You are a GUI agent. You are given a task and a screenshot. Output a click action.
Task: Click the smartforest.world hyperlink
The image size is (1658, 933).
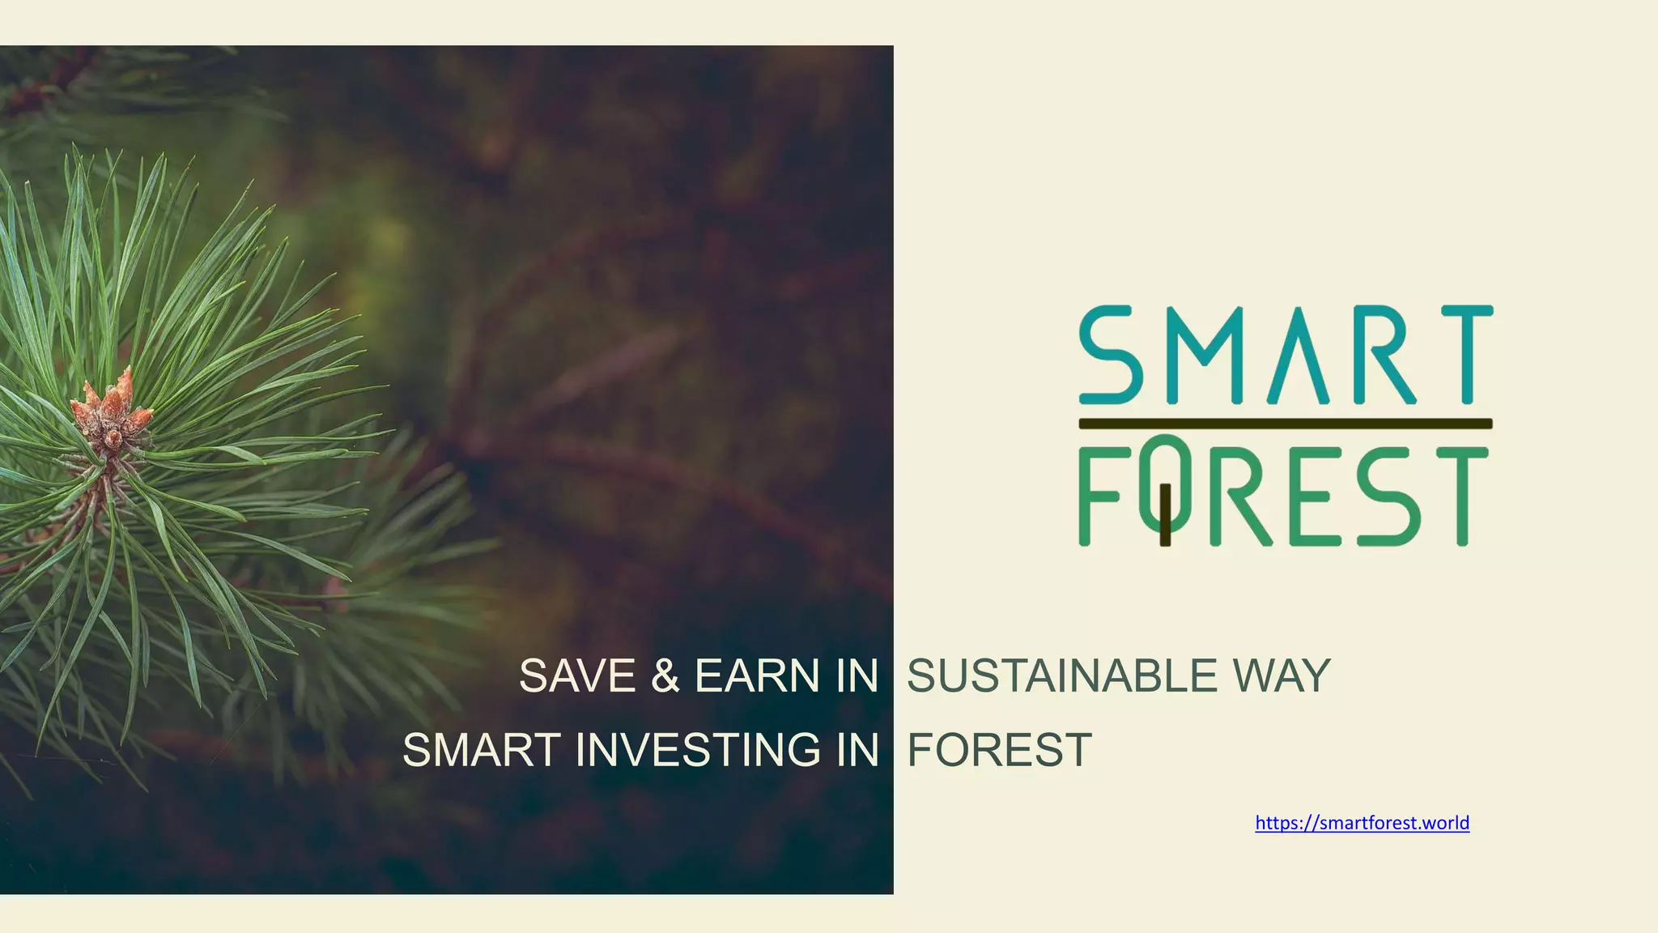pyautogui.click(x=1362, y=823)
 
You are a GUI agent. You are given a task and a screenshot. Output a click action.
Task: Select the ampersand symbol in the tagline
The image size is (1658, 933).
pyautogui.click(x=665, y=675)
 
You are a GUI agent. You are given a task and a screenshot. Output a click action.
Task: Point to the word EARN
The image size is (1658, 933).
pyautogui.click(x=753, y=675)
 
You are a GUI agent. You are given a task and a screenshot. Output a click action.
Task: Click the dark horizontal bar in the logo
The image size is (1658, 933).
pyautogui.click(x=1285, y=424)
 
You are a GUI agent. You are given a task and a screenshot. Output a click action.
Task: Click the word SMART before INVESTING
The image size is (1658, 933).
pyautogui.click(x=482, y=749)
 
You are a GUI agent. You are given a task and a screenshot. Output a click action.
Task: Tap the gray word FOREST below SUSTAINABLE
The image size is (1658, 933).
pyautogui.click(x=1000, y=749)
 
